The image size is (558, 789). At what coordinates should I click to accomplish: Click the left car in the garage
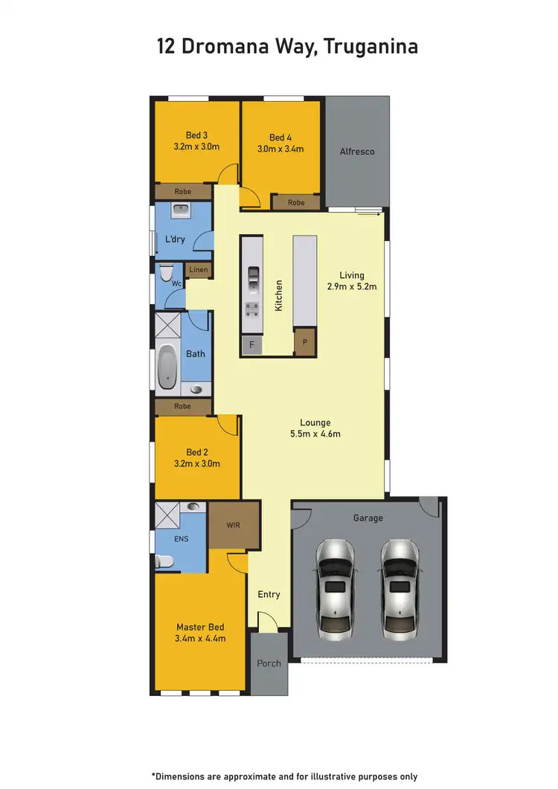335,590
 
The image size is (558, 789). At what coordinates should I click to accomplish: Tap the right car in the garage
400,590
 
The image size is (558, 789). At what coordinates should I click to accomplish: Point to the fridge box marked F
251,345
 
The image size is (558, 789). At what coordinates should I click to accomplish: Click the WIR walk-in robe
234,525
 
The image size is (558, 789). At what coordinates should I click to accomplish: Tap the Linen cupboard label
199,270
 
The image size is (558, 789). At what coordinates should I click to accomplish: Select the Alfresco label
357,152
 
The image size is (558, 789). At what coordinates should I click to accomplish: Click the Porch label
269,663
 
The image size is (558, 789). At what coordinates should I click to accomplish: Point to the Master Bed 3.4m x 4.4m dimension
201,638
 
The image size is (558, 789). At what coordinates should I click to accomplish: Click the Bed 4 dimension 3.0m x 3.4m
281,149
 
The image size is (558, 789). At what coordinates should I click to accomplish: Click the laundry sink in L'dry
182,212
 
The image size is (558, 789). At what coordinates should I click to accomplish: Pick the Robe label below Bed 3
182,192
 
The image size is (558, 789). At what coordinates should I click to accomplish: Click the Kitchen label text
279,295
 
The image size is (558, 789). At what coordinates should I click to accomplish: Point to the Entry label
269,594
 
